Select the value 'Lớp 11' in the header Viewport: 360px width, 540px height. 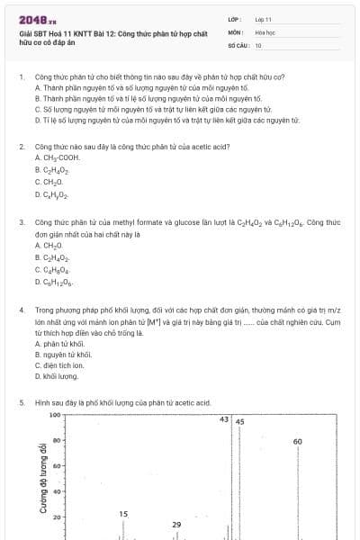pos(263,18)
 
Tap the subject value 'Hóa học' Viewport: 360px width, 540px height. pos(265,31)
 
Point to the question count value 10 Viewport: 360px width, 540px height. pos(258,44)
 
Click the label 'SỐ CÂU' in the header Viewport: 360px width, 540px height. pos(237,44)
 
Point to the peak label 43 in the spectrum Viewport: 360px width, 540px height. pos(224,419)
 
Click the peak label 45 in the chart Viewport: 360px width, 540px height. pos(239,421)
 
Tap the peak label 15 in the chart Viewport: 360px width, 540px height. pos(123,514)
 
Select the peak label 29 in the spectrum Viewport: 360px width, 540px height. pos(176,525)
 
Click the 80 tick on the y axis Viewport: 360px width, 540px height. pos(55,441)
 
